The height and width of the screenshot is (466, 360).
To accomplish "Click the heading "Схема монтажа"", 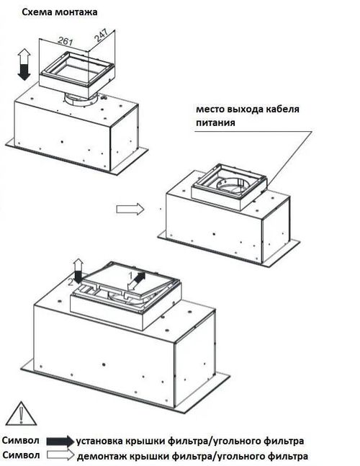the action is [x=60, y=12].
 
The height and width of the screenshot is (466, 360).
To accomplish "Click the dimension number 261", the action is [x=65, y=40].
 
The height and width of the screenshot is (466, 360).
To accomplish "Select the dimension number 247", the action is [x=101, y=35].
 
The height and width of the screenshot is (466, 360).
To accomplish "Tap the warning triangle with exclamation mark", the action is [x=21, y=413].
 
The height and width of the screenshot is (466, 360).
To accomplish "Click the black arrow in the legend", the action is [x=60, y=441].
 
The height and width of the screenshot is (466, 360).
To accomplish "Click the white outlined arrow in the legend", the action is [x=60, y=454].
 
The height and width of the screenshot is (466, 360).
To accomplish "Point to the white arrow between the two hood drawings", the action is [x=130, y=209].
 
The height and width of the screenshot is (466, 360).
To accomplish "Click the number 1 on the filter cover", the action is [x=130, y=275].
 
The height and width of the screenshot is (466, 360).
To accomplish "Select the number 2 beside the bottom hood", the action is [x=71, y=282].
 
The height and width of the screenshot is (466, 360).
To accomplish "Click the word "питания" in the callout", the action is [x=215, y=122].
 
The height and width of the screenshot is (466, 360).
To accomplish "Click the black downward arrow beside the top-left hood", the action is [x=24, y=71].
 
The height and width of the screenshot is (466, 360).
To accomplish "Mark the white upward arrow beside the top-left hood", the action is [x=24, y=56].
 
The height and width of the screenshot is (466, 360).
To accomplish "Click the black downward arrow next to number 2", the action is [x=78, y=277].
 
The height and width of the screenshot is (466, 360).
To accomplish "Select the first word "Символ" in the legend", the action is [x=20, y=440].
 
